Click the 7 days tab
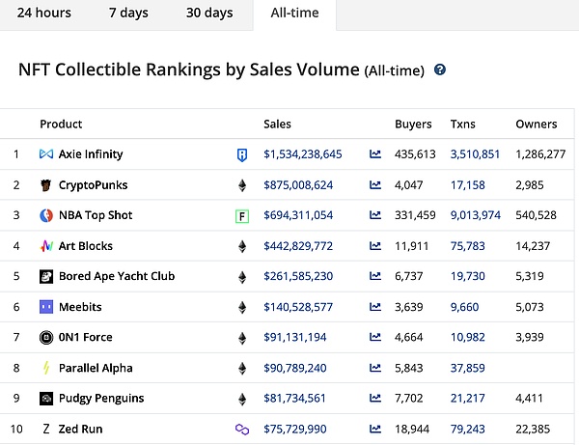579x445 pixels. coord(128,14)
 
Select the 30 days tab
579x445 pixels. coord(209,14)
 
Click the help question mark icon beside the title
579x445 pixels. coord(440,70)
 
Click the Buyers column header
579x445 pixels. coord(413,124)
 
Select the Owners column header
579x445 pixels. coord(537,124)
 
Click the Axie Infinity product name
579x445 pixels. coord(91,154)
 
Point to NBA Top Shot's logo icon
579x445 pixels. coord(46,215)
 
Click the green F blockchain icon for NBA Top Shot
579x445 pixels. coord(242,215)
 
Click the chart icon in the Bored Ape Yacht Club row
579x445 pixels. coord(375,277)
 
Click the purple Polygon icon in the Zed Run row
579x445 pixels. coord(242,430)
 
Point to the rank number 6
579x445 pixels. coord(16,307)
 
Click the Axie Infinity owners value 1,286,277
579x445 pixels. coord(540,154)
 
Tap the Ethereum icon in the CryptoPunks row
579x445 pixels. coord(242,184)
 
